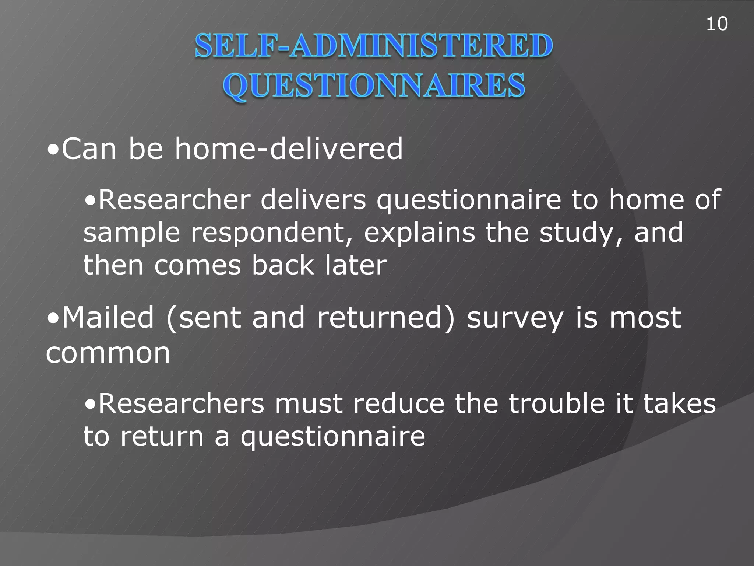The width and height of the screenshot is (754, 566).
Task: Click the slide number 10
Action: (716, 24)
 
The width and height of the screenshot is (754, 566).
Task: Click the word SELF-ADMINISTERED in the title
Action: (373, 46)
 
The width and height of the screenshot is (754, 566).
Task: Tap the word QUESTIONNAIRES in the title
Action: (373, 85)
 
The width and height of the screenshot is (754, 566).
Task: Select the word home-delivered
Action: (289, 149)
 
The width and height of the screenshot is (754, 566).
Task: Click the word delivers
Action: (313, 200)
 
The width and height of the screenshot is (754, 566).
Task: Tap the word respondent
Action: (271, 233)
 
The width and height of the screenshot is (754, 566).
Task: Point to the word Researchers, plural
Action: (182, 404)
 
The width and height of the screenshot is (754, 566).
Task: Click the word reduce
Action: (399, 404)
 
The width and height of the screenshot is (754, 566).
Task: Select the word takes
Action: (679, 404)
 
